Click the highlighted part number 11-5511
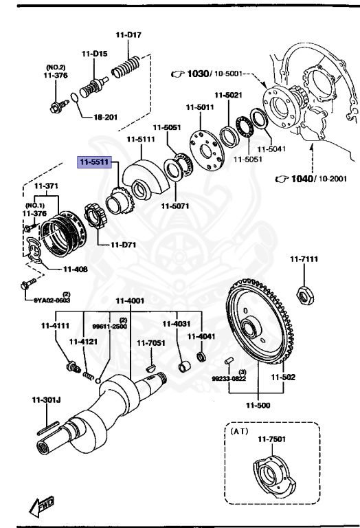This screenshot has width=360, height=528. (x=98, y=162)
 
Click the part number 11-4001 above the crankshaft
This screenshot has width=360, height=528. (x=130, y=300)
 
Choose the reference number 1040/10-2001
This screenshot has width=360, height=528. (x=310, y=179)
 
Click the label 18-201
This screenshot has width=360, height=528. (x=106, y=117)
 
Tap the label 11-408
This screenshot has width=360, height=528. (x=76, y=269)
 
